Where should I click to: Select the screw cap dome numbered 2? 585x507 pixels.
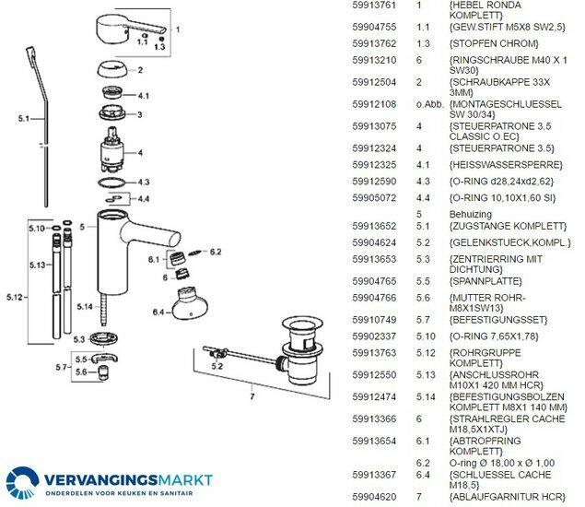[x=112, y=69]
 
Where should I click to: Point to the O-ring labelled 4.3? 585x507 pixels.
[x=111, y=183]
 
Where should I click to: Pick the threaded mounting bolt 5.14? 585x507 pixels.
[x=102, y=310]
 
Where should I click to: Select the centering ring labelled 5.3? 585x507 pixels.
[x=104, y=338]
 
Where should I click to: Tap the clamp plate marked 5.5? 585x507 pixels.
[x=104, y=358]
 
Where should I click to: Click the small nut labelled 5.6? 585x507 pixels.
[x=101, y=372]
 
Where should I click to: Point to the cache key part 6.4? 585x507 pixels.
[x=190, y=303]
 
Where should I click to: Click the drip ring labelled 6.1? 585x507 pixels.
[x=175, y=258]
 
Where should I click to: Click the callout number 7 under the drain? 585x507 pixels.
[x=252, y=396]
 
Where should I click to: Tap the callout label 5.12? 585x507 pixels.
[x=15, y=298]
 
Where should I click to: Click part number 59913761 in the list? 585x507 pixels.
[x=374, y=6]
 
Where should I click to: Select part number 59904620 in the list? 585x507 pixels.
[x=374, y=497]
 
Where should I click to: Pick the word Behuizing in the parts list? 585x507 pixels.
[x=471, y=214]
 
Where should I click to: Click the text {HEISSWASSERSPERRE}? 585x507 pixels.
[x=506, y=165]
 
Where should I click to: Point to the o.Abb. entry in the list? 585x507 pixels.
[x=430, y=104]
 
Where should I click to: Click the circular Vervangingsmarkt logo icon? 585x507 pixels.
[x=22, y=482]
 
